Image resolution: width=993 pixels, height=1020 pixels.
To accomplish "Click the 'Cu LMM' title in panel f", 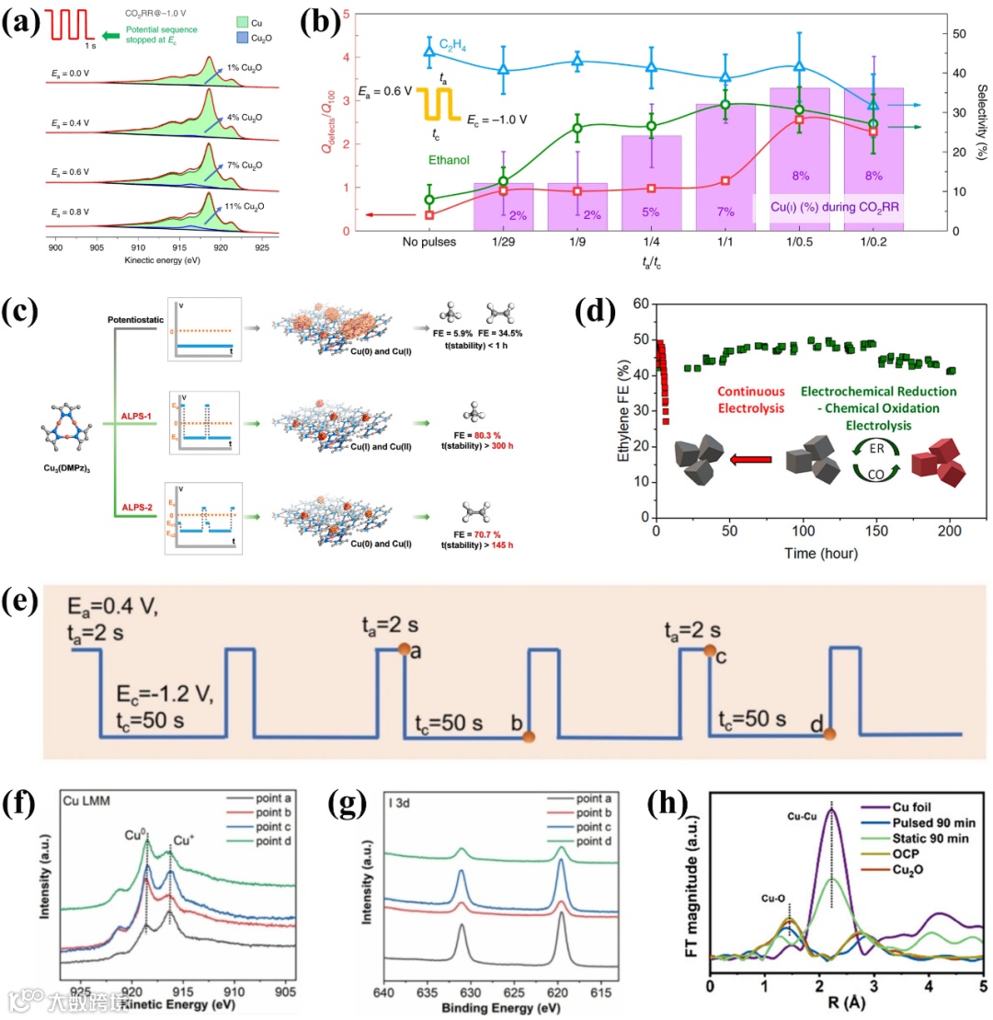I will (86, 800).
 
